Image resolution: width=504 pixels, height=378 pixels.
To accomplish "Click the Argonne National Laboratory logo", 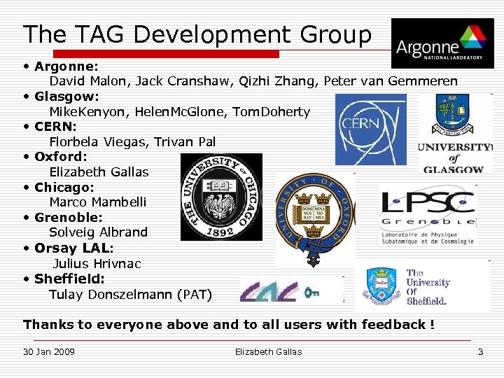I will [442, 43].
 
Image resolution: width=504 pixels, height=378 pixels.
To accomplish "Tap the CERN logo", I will [370, 129].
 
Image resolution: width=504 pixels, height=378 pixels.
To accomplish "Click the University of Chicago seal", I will [221, 197].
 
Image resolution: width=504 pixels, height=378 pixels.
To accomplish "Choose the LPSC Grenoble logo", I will [428, 214].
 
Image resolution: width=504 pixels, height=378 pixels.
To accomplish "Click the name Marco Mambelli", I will [98, 202].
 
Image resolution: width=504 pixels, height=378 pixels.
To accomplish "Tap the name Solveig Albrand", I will [98, 232].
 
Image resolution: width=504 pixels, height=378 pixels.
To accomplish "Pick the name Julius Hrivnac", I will [97, 264].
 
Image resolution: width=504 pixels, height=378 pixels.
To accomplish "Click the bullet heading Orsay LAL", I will [73, 248].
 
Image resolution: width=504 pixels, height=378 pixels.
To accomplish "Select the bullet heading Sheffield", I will [69, 279].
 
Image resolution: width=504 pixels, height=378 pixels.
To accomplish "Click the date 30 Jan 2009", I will [49, 351].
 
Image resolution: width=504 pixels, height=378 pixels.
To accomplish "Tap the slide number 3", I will [480, 351].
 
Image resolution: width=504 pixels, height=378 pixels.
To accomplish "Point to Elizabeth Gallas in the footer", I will [268, 351].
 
